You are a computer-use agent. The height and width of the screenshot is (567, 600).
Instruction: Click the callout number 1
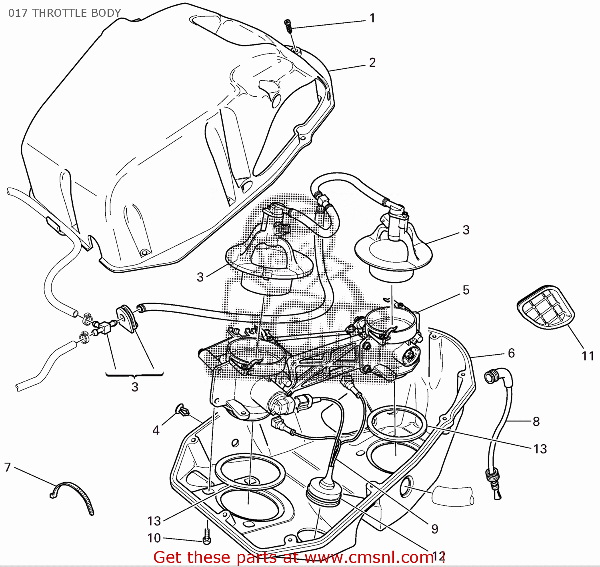coord(372,18)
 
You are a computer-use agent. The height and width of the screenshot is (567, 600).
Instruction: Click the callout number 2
coord(372,62)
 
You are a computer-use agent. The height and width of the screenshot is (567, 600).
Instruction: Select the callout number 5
coord(466,290)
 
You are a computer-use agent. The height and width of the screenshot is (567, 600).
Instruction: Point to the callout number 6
coord(512,353)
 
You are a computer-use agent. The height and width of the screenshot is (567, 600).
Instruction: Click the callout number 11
coord(588,356)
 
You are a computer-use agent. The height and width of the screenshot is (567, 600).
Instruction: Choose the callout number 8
coord(536,422)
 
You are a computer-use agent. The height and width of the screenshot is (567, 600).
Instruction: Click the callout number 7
coord(8,467)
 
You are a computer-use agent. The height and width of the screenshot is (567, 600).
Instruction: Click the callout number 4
coord(156,430)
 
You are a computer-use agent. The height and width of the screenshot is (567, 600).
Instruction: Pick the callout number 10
coord(154,538)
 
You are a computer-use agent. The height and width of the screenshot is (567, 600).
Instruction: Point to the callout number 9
coord(435,529)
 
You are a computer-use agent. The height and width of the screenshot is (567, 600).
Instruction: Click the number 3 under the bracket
coord(135,387)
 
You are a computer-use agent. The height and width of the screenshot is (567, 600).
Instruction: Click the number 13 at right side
coord(540,449)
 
